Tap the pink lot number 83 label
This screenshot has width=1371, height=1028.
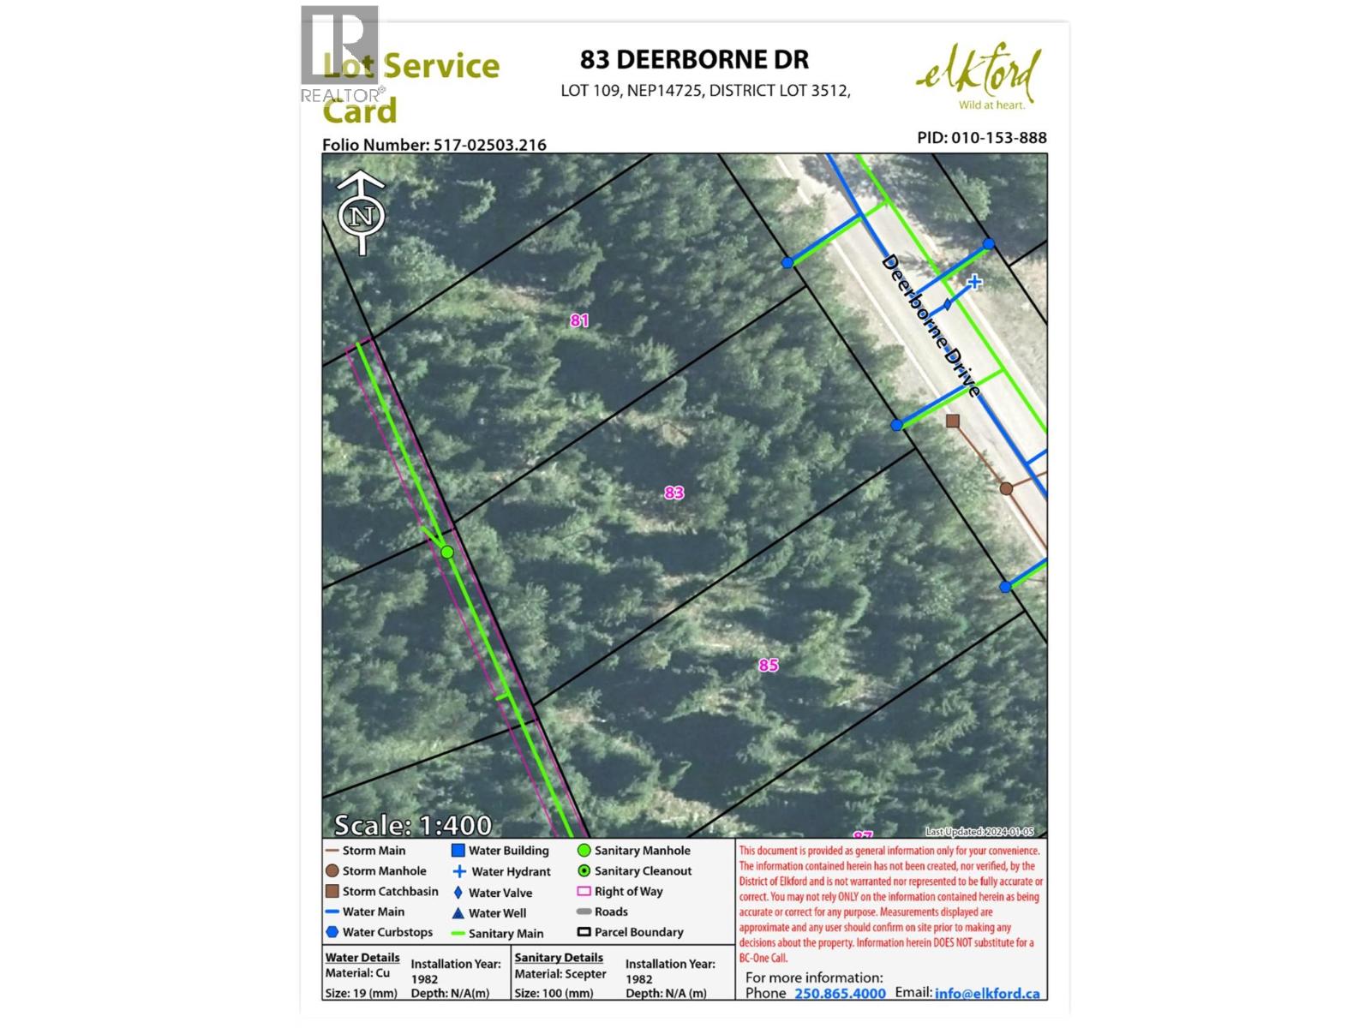[674, 493]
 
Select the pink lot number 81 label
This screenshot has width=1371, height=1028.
[580, 320]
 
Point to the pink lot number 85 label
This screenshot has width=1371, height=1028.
[769, 666]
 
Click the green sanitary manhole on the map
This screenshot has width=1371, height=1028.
[447, 553]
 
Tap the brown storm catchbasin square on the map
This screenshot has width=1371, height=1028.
[952, 421]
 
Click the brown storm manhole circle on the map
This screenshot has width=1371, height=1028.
[1007, 488]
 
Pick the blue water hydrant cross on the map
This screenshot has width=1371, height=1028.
[974, 282]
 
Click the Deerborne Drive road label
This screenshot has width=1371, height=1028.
[931, 326]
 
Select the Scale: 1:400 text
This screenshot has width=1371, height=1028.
[412, 825]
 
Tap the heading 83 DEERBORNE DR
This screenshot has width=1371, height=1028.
[694, 59]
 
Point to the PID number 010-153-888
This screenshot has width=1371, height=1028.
[981, 138]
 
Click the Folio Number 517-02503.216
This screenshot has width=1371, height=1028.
[434, 145]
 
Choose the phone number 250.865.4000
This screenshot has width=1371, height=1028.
[840, 993]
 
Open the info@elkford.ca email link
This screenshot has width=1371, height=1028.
[987, 993]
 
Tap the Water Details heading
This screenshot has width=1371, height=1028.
[362, 958]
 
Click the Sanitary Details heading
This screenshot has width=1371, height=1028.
[559, 958]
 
